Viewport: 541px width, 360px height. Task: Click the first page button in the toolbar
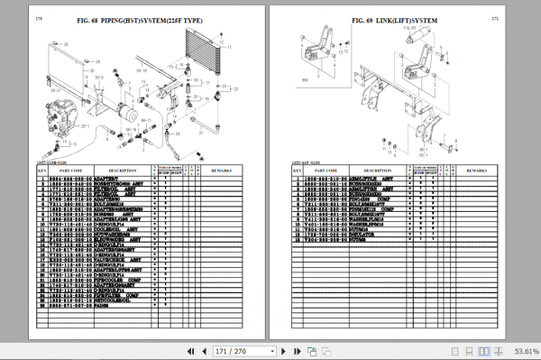pos(190,350)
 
